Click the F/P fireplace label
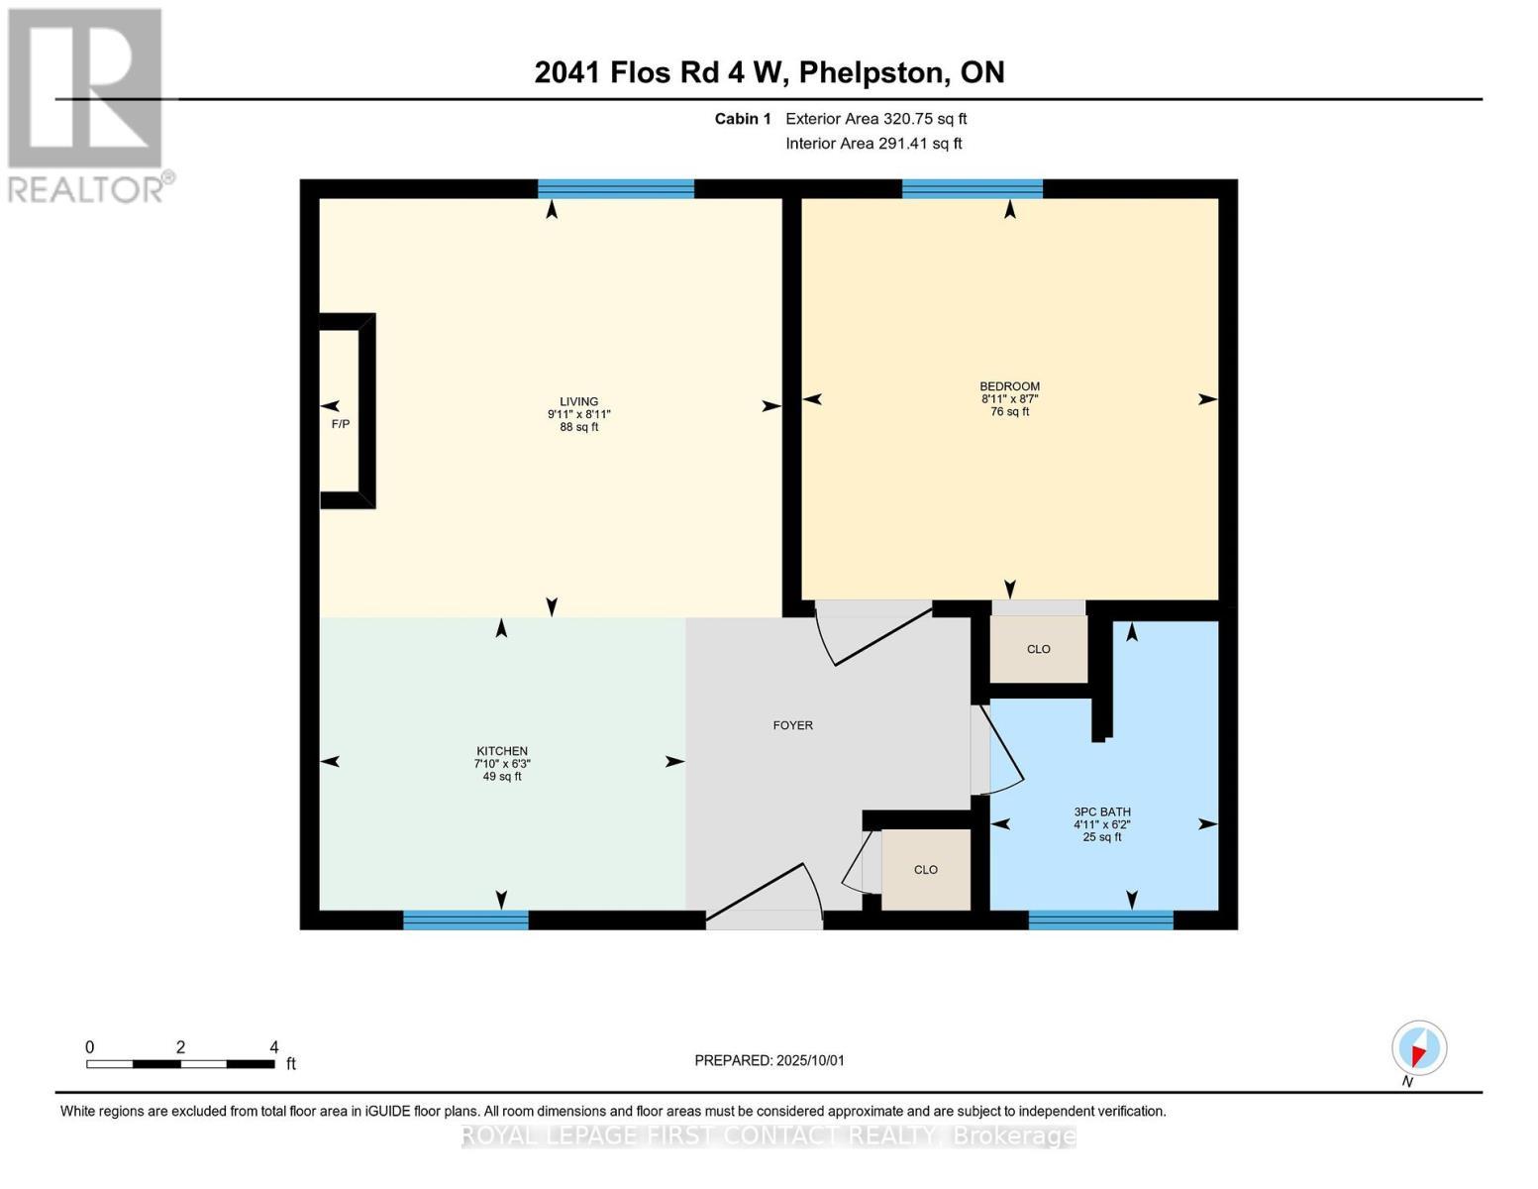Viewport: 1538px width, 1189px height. [x=340, y=424]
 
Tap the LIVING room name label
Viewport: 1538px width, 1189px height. [x=579, y=402]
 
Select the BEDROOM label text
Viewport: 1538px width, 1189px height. [x=1009, y=386]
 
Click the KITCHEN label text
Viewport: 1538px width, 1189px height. [x=502, y=751]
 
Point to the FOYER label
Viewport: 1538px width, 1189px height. [x=792, y=725]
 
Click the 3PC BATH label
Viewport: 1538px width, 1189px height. [x=1101, y=811]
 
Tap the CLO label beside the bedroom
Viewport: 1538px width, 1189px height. [x=1038, y=649]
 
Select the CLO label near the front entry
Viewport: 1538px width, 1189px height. [x=925, y=870]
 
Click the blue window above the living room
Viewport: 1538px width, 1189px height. [x=615, y=189]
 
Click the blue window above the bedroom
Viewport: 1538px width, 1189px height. [x=972, y=189]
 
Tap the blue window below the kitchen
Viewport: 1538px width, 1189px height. [x=465, y=920]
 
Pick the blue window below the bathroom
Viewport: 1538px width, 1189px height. [x=1100, y=920]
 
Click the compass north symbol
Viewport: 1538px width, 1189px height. [x=1419, y=1048]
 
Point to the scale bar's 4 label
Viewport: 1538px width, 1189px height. [x=274, y=1047]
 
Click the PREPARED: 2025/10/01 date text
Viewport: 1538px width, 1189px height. [x=769, y=1060]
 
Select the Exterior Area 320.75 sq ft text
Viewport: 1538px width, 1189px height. [x=875, y=119]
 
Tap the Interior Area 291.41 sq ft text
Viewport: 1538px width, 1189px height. [x=873, y=144]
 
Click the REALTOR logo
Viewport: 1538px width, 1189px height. [x=86, y=104]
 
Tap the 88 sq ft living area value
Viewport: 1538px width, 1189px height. [x=579, y=428]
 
